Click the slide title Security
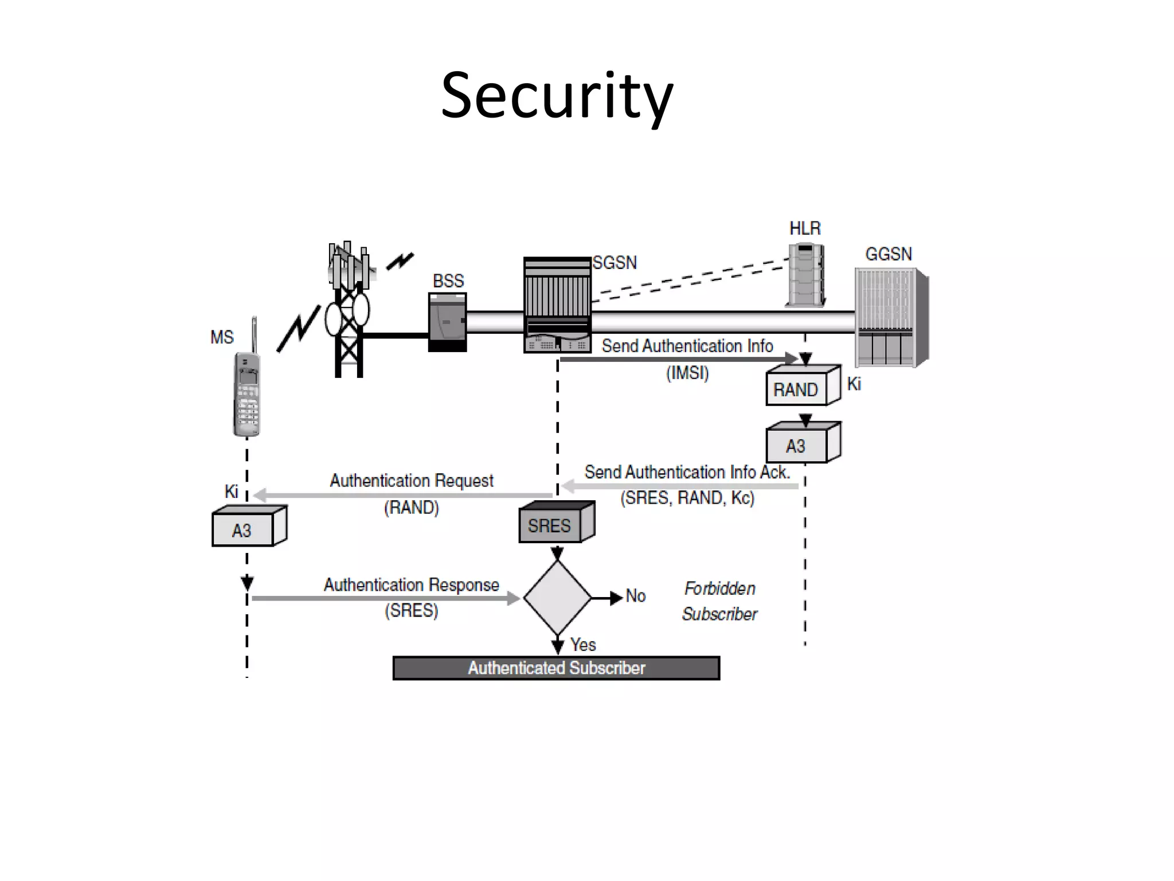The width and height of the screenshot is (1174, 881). (557, 96)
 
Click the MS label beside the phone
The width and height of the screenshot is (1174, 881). (222, 337)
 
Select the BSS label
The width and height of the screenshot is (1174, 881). (448, 281)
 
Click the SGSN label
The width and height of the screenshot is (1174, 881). (615, 263)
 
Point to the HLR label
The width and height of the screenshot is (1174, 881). (805, 229)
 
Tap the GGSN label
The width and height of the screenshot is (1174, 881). (888, 254)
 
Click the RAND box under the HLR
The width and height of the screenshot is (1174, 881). (796, 389)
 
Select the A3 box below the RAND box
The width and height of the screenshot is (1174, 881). (796, 446)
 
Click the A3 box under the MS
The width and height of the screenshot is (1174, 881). (242, 530)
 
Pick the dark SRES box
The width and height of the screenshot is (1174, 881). (550, 525)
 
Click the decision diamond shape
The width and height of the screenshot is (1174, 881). (557, 598)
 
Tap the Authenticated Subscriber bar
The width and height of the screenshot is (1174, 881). (556, 668)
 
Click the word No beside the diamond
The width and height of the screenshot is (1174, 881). (636, 596)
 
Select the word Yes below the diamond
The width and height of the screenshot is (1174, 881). (583, 645)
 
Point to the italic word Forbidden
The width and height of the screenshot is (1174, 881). (720, 588)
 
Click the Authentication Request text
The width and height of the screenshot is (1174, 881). (411, 481)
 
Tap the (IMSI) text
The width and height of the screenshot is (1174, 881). (687, 373)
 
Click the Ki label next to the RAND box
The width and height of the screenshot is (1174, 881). (854, 384)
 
